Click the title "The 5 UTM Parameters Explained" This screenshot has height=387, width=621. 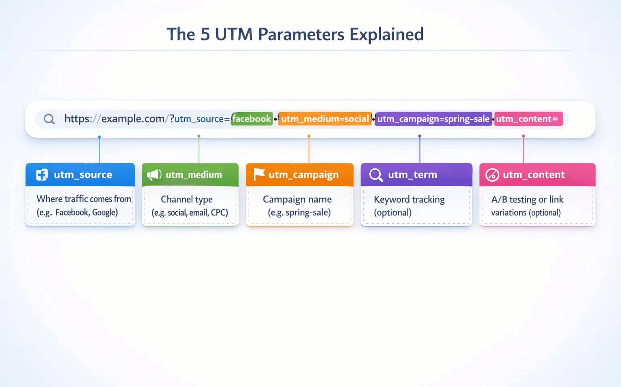295,34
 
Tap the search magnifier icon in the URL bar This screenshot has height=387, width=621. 49,119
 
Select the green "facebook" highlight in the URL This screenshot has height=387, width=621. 251,119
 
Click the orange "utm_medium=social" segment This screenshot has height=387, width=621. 325,119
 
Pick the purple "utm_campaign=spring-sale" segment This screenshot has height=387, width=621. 433,119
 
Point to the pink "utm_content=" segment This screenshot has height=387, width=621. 528,119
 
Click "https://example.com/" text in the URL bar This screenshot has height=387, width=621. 114,119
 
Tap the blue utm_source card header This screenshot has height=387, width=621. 80,175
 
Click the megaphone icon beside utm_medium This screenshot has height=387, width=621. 154,175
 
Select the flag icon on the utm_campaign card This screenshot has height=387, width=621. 259,174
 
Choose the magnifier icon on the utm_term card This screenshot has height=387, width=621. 376,175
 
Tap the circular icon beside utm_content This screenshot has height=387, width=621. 492,175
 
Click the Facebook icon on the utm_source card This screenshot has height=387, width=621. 42,175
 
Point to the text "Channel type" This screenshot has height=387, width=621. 187,199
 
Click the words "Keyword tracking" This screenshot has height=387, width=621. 409,199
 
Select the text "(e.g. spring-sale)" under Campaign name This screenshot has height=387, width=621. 299,213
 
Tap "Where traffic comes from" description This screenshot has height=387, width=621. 84,199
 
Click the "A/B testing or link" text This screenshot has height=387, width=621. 527,199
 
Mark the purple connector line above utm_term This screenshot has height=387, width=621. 420,150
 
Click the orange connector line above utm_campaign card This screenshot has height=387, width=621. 309,150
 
